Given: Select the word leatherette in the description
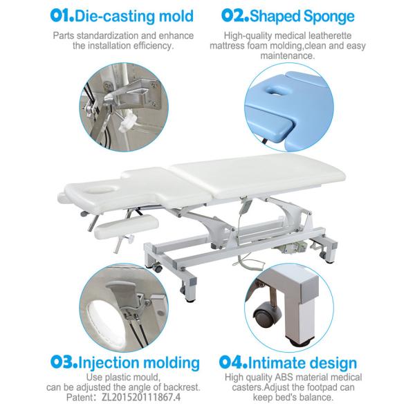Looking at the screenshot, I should [x=345, y=34].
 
